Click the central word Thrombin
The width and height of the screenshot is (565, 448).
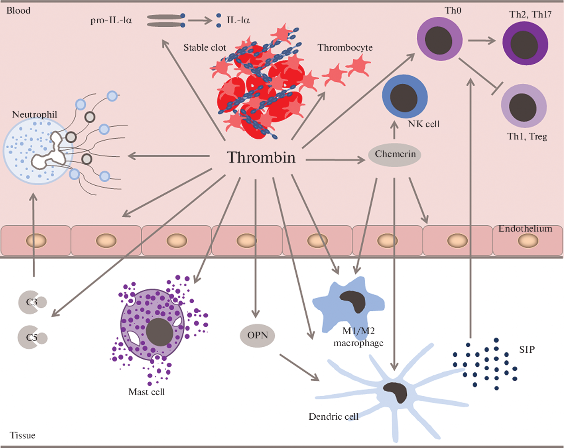[261, 157]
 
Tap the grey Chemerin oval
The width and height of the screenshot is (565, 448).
[395, 155]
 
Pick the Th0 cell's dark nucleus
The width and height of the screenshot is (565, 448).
[439, 40]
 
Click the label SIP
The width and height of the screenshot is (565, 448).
[527, 350]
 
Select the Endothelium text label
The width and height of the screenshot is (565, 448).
[525, 228]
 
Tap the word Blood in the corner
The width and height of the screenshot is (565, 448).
[18, 10]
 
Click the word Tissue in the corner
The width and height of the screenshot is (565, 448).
[22, 435]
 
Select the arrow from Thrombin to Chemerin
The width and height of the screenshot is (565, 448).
[335, 160]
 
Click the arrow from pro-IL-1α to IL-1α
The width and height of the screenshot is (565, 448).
[200, 20]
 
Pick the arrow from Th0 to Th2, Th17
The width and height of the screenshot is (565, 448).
[482, 40]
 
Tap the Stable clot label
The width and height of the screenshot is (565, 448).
[205, 47]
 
